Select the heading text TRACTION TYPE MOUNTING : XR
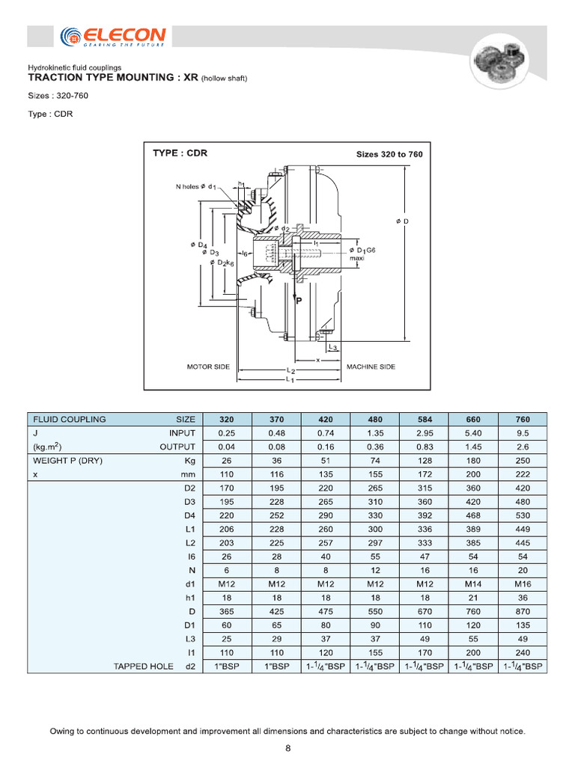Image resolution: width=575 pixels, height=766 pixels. (113, 77)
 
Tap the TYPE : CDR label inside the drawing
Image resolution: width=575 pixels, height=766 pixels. (180, 153)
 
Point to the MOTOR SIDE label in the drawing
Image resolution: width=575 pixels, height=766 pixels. (208, 367)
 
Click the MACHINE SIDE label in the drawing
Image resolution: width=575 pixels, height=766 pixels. (371, 367)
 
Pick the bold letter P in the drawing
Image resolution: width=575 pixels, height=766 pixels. (298, 301)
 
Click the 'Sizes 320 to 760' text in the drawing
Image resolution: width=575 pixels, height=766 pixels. (389, 154)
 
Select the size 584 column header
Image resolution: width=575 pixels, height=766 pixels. (424, 420)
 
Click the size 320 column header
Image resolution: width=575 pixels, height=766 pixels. (227, 420)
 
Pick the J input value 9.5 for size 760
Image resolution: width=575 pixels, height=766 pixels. (522, 433)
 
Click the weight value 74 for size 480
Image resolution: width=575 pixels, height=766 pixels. (374, 461)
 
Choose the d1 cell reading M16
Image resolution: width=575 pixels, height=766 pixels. (522, 583)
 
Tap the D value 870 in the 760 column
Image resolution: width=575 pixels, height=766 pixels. (522, 611)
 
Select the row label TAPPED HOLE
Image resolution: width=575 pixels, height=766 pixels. (143, 666)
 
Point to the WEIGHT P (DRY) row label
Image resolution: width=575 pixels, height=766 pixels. (67, 461)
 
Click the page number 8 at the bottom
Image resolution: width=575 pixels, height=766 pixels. (288, 748)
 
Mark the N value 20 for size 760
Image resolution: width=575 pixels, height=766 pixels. (522, 570)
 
